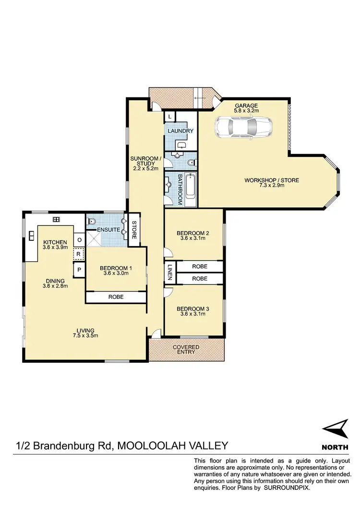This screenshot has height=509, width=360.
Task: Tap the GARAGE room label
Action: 246,106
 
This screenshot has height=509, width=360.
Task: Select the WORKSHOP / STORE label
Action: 271,180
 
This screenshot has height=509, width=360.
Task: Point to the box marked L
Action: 170,117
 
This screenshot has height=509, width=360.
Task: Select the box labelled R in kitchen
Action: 78,254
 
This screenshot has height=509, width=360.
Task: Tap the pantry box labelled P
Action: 78,271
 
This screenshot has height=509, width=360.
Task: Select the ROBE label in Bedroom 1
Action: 116,297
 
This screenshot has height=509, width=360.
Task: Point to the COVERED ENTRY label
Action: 186,350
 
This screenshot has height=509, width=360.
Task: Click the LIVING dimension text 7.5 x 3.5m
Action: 85,335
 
